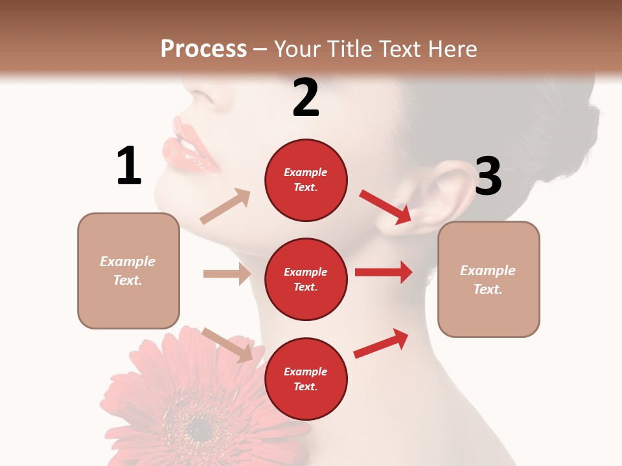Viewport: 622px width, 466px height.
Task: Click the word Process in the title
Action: (x=203, y=49)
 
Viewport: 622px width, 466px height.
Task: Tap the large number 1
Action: (x=129, y=166)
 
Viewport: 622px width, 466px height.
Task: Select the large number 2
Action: (x=306, y=98)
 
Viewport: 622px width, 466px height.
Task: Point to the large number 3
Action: (x=488, y=176)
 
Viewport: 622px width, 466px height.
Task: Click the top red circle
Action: (x=306, y=180)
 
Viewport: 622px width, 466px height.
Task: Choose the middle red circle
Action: (x=306, y=280)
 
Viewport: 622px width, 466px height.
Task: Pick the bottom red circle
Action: (x=306, y=379)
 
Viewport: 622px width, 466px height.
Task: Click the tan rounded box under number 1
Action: (x=128, y=271)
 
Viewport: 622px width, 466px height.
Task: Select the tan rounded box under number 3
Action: (x=489, y=280)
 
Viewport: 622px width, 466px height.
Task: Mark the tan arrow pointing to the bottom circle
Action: (x=227, y=345)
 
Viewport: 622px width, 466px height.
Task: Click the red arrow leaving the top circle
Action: (x=386, y=206)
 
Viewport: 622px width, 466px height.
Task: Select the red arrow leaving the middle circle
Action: (x=384, y=272)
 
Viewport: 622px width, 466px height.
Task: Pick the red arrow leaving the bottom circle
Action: (x=381, y=344)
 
